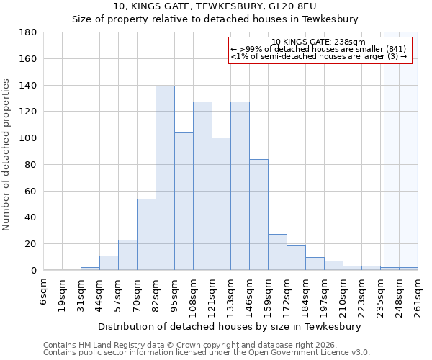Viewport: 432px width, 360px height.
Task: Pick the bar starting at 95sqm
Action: (x=184, y=201)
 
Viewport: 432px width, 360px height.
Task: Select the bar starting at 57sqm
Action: (x=127, y=255)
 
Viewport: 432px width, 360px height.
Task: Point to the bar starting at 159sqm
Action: (x=277, y=252)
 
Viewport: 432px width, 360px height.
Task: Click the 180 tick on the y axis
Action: (x=28, y=32)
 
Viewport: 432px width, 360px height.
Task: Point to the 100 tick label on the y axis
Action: (x=28, y=138)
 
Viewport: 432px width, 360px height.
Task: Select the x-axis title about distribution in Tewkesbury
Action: (x=230, y=326)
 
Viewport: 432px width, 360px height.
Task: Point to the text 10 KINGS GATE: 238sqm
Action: (x=320, y=42)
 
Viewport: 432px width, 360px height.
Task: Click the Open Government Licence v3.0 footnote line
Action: (x=207, y=353)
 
